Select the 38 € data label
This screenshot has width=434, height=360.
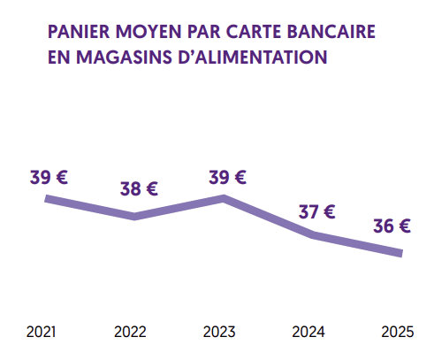pos(139,188)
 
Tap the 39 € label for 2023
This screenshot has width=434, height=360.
pos(227,177)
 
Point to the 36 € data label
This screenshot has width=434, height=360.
pos(392,226)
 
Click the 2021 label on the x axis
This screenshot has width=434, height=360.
pos(42,333)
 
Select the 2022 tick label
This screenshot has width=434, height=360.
pos(131,333)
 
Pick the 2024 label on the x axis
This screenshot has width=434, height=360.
pos(308,333)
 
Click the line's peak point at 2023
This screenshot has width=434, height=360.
pos(225,198)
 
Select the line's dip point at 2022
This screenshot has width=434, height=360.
pos(134,216)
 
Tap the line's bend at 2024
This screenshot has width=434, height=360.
pos(314,234)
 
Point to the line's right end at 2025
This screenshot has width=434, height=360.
pos(401,254)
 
